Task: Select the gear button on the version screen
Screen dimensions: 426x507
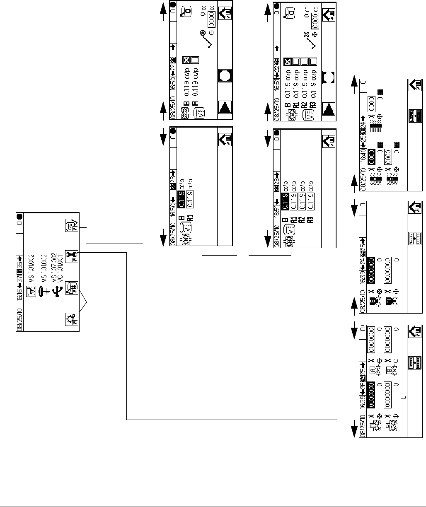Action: coord(72,320)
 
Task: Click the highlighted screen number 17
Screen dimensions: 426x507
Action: coord(19,261)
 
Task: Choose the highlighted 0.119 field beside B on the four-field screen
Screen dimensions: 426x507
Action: coord(284,199)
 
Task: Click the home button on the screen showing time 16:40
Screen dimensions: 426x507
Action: coord(416,85)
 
